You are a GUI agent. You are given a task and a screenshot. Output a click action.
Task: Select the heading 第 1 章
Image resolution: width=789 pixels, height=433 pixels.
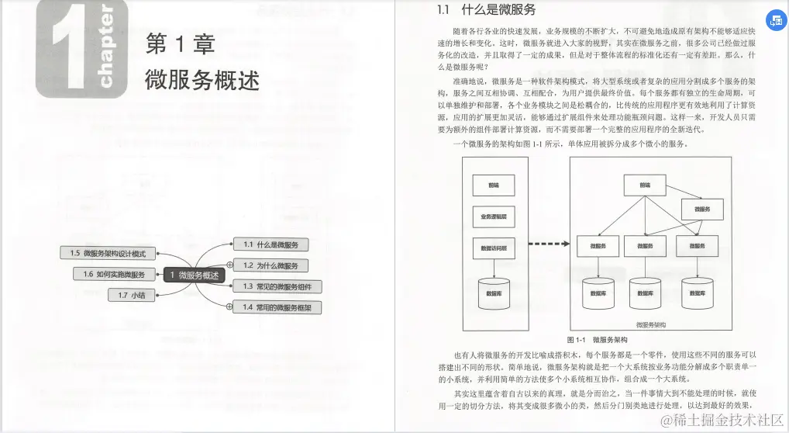tap(181, 44)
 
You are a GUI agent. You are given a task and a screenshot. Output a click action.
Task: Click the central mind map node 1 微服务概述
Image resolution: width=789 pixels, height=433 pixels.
tap(194, 275)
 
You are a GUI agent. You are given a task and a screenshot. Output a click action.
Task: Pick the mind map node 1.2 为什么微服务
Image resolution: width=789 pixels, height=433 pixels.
tap(270, 265)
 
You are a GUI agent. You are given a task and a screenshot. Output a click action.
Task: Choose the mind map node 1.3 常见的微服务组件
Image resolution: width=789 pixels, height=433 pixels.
tap(277, 286)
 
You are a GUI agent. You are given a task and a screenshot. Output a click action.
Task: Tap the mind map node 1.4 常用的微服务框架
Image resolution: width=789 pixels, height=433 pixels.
tap(277, 307)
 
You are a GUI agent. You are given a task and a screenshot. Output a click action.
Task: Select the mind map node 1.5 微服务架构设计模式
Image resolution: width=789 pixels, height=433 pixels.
tap(108, 253)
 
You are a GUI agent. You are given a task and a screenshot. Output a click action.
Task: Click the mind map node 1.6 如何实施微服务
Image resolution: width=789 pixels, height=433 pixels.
tap(109, 274)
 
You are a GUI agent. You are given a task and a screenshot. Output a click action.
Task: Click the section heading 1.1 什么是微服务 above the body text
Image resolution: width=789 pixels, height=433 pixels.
tap(486, 10)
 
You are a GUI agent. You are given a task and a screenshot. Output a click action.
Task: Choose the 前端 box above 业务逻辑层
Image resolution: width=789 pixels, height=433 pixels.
tap(494, 185)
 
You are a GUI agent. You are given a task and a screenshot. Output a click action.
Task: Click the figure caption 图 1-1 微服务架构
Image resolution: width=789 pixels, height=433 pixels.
tap(597, 340)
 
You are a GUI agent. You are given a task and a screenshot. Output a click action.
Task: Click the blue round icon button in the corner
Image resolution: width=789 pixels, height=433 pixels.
tap(775, 21)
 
